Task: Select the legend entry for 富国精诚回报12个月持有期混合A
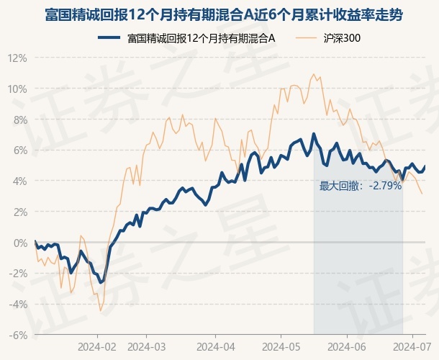[194, 38]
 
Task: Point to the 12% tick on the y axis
[17, 58]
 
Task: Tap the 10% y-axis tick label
[17, 89]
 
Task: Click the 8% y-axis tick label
[19, 120]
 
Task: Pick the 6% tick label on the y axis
[19, 150]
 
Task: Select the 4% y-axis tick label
[19, 181]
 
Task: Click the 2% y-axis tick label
[19, 212]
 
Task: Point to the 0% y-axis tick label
[19, 243]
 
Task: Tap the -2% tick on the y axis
[18, 274]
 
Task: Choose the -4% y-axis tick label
[18, 305]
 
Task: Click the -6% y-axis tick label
[18, 336]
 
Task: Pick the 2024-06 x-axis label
[346, 346]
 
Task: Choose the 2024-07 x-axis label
[412, 346]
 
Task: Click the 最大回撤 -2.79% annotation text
[360, 186]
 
